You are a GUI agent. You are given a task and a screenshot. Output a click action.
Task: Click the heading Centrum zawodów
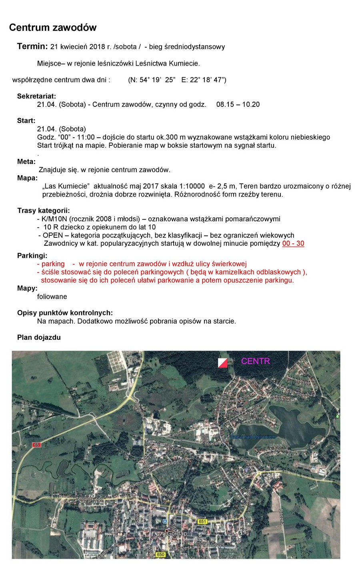(x=53, y=27)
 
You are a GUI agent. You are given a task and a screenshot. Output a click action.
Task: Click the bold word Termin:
(x=32, y=46)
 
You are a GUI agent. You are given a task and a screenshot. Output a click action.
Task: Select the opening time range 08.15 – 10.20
(x=238, y=104)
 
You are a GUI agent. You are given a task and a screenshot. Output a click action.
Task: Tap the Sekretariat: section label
(x=36, y=96)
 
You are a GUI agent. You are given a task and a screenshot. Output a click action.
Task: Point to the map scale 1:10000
(x=190, y=186)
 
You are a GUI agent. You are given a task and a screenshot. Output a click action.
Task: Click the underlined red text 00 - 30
(x=293, y=243)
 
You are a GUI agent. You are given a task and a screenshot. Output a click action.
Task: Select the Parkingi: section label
(x=32, y=255)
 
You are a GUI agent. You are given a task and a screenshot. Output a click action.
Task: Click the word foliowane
(x=52, y=297)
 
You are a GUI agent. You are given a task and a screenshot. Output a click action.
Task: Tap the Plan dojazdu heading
(x=39, y=337)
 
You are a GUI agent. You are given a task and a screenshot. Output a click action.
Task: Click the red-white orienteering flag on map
(x=223, y=362)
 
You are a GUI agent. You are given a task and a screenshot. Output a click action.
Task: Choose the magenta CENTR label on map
(x=255, y=361)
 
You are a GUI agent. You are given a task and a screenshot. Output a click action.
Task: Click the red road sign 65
(x=37, y=445)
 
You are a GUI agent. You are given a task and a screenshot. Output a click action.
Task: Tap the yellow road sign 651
(x=202, y=521)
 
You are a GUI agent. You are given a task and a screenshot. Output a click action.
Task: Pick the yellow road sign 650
(x=160, y=554)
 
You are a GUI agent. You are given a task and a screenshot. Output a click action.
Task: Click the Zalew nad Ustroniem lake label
(x=253, y=437)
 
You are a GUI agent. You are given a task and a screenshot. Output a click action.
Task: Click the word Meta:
(x=26, y=162)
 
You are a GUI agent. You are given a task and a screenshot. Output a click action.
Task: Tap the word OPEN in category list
(x=53, y=235)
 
